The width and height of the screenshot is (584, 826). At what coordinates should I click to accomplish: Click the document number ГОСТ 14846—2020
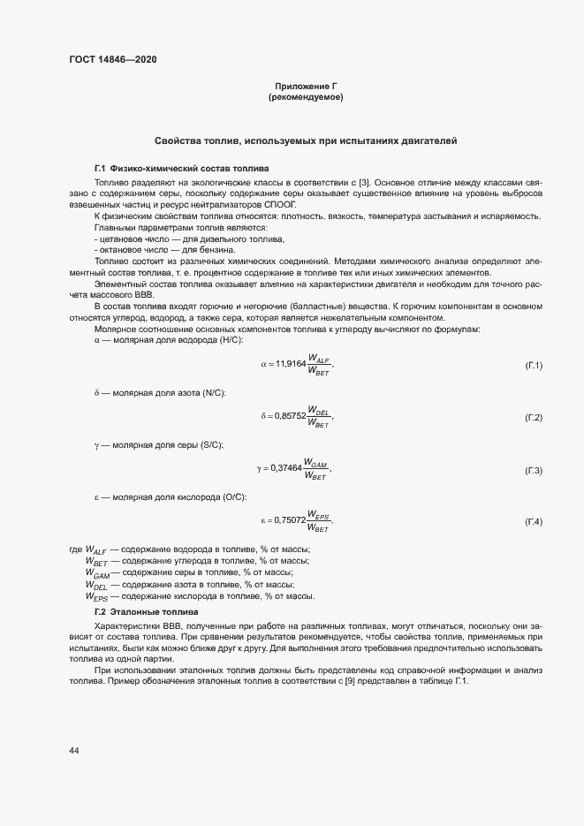(114, 59)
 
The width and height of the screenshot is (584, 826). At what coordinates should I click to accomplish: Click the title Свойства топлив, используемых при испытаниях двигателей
(305, 141)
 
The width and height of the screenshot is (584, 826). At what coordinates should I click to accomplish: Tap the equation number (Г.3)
(533, 470)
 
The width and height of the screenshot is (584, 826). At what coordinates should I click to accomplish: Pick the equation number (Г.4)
(533, 522)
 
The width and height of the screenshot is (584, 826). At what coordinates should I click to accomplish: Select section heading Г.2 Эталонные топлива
(146, 612)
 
